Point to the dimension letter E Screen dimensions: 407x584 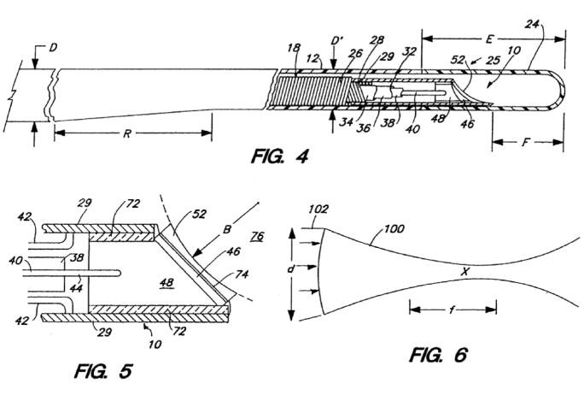(x=490, y=38)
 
